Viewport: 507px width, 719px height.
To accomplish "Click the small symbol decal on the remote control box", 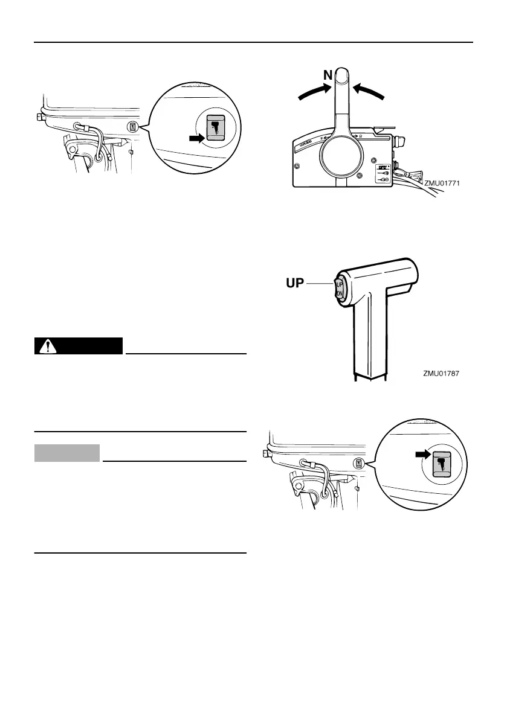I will click(382, 174).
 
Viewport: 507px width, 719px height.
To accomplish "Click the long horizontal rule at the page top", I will click(253, 42).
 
